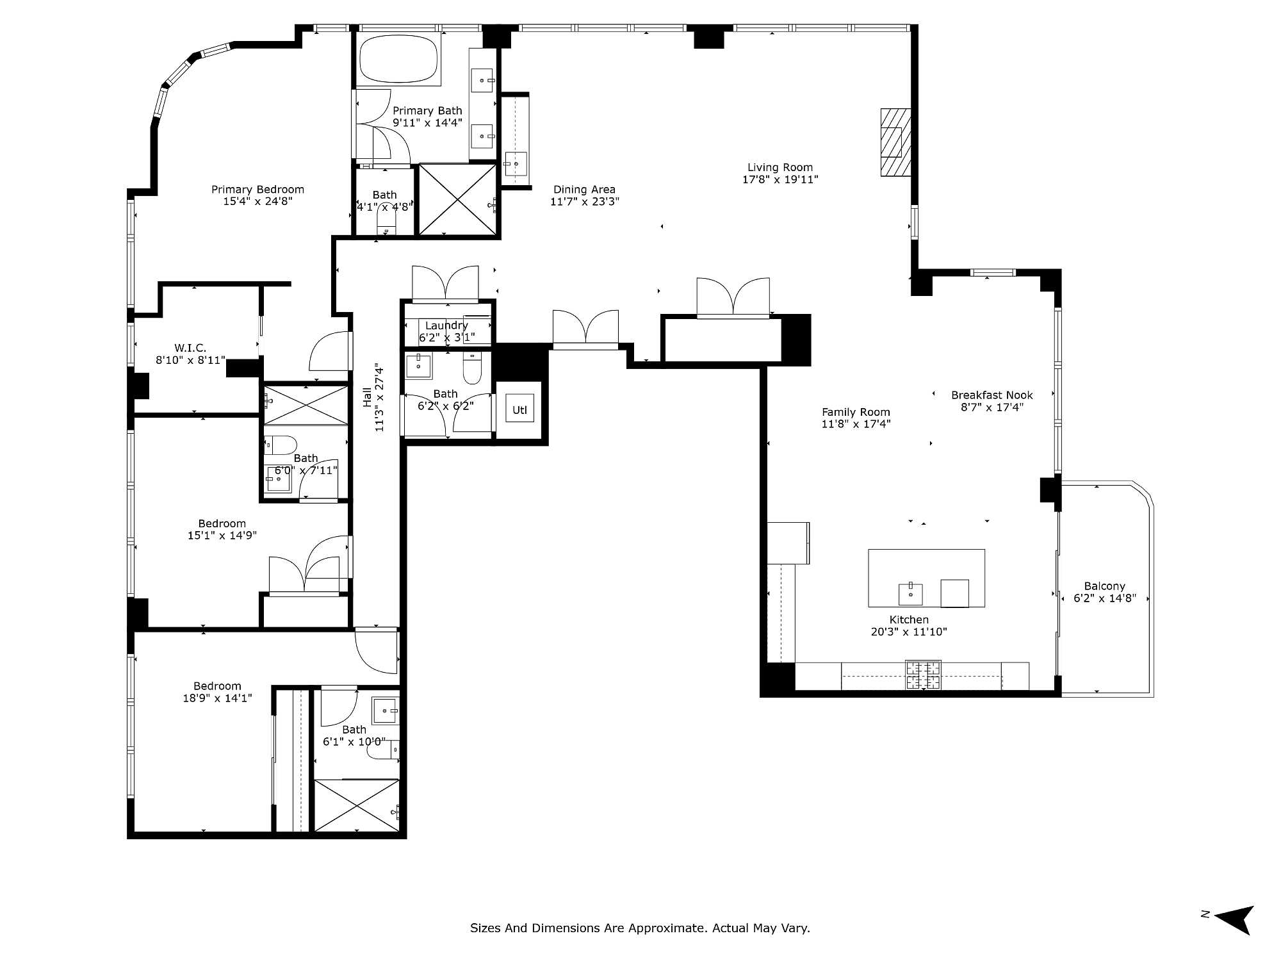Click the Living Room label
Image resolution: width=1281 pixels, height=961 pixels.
(780, 168)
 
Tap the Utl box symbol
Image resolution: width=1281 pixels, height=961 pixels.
(519, 409)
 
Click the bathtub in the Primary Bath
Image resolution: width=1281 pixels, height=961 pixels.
(398, 58)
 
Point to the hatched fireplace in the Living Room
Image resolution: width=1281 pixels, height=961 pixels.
(895, 142)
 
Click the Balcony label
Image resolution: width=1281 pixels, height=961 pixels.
(1105, 586)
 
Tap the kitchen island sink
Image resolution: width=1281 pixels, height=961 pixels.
(910, 594)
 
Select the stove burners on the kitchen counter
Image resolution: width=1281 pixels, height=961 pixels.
(923, 675)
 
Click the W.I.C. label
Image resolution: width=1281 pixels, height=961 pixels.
(190, 348)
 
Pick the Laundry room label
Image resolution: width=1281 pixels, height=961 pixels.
(446, 325)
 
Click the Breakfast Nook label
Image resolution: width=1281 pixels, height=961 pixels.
(992, 395)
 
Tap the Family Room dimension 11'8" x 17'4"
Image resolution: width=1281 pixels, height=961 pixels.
(856, 424)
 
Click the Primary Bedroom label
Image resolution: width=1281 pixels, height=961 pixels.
(257, 190)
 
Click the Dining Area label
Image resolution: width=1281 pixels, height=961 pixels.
(584, 190)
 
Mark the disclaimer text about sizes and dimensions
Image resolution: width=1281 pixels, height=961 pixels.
(640, 928)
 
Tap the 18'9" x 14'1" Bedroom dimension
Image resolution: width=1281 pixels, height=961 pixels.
(218, 698)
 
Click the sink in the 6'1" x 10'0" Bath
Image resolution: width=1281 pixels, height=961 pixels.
(386, 710)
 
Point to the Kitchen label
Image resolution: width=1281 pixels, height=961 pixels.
(909, 620)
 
